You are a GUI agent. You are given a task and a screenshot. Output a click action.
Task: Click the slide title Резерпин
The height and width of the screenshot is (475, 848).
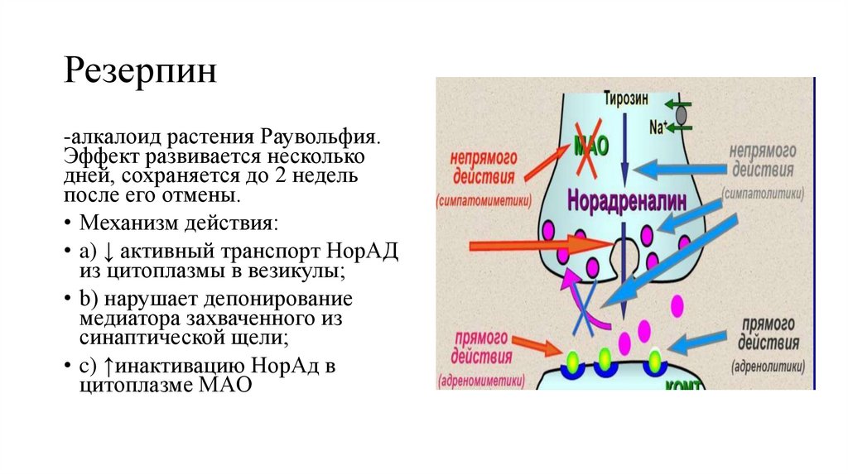(x=141, y=72)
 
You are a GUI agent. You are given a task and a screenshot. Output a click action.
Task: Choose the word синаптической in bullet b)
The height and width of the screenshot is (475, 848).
(x=154, y=338)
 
